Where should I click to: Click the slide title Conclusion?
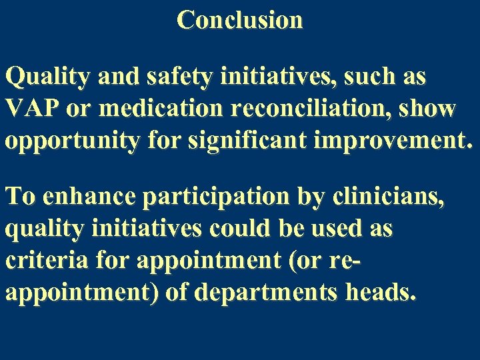click(x=240, y=19)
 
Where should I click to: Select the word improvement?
click(x=399, y=139)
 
